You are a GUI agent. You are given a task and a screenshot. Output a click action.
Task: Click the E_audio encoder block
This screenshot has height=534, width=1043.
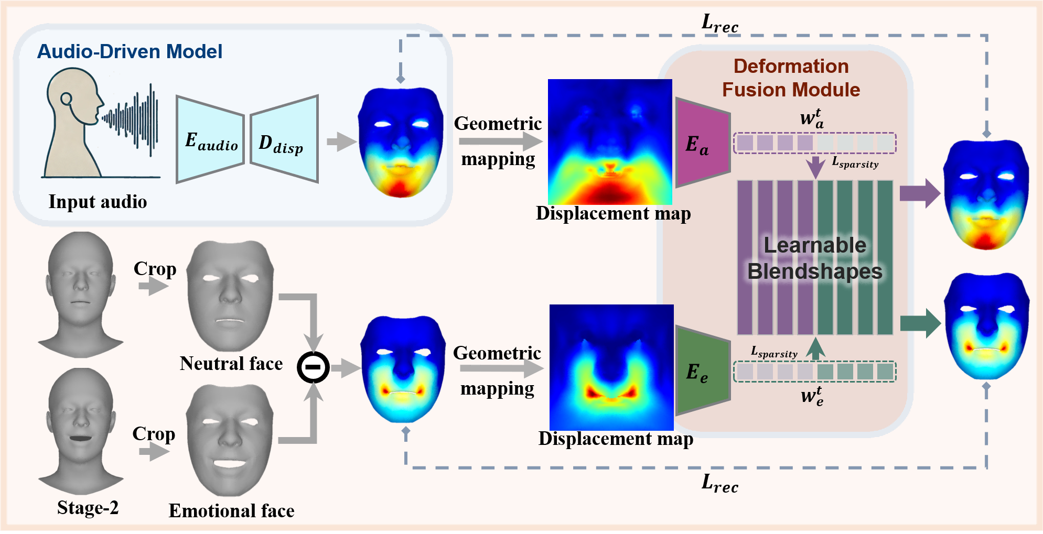click(210, 139)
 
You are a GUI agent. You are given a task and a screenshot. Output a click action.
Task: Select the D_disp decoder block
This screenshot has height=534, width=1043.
click(284, 139)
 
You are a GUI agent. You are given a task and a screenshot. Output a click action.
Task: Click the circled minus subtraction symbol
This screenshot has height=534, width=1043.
click(313, 367)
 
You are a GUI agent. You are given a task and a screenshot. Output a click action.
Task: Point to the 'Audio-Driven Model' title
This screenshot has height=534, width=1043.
click(130, 51)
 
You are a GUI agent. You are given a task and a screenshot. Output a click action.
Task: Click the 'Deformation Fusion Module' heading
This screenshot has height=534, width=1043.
click(791, 78)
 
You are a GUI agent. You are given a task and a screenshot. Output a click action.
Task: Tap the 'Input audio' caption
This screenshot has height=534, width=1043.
click(98, 202)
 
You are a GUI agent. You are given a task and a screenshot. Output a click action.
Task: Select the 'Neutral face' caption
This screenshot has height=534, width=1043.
click(231, 363)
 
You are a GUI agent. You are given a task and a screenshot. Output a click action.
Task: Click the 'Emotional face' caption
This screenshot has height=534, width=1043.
click(231, 510)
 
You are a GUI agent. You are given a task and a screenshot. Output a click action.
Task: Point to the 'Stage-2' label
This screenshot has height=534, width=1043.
click(88, 507)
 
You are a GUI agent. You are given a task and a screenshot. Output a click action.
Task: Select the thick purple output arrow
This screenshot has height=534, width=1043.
click(919, 193)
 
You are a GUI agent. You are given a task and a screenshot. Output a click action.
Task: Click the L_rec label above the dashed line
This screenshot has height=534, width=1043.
click(719, 24)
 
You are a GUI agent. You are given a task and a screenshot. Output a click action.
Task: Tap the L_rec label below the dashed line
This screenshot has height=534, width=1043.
click(719, 483)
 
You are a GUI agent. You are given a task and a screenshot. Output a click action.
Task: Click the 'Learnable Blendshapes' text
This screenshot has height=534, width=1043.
click(815, 258)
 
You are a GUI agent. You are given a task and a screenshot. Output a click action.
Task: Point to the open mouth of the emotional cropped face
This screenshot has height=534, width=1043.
click(230, 464)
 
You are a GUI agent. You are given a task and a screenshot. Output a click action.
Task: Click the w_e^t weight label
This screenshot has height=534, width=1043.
click(812, 396)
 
